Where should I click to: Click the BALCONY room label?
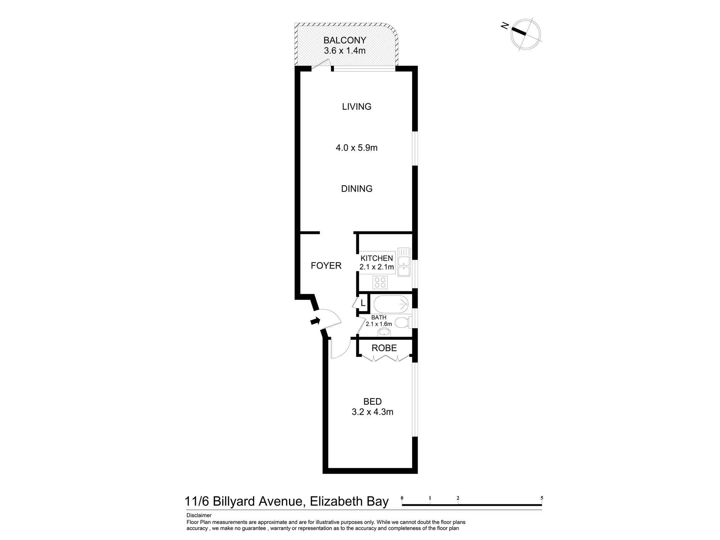pyautogui.click(x=345, y=40)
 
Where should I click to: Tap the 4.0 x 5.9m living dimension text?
pyautogui.click(x=356, y=148)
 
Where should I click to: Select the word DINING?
pyautogui.click(x=357, y=189)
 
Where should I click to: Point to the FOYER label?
pyautogui.click(x=326, y=266)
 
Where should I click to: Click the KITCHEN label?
pyautogui.click(x=377, y=258)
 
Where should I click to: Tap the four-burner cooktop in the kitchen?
pyautogui.click(x=380, y=282)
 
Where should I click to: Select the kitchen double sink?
pyautogui.click(x=404, y=262)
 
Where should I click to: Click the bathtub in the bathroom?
pyautogui.click(x=391, y=305)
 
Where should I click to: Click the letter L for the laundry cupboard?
pyautogui.click(x=363, y=303)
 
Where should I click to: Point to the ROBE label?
pyautogui.click(x=384, y=348)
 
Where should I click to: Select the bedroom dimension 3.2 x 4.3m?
pyautogui.click(x=372, y=412)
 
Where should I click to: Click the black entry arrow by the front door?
pyautogui.click(x=315, y=321)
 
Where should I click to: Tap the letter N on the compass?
pyautogui.click(x=505, y=26)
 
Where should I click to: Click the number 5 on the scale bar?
pyautogui.click(x=541, y=498)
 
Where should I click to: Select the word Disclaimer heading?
pyautogui.click(x=199, y=516)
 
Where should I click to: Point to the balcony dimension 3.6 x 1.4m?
pyautogui.click(x=345, y=50)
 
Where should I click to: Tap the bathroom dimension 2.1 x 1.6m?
pyautogui.click(x=379, y=324)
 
